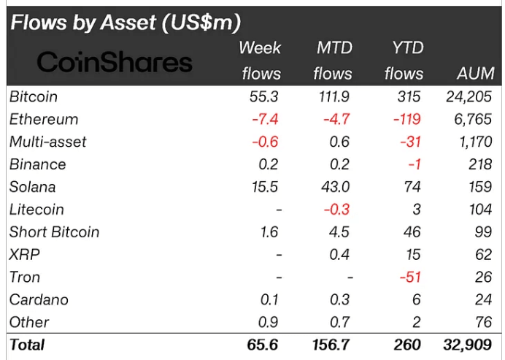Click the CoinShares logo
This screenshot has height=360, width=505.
coord(114,62)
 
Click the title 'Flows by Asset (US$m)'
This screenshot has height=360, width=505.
coord(125,23)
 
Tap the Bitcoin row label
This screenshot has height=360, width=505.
coord(34,96)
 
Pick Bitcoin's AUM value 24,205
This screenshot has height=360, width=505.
coord(469,96)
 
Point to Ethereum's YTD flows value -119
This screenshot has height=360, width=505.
coord(407,119)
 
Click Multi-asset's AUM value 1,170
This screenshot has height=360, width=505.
coord(475,142)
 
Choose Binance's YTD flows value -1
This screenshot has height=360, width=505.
coord(416,164)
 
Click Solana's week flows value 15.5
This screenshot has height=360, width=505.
coord(263,187)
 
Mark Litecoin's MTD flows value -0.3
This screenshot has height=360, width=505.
coord(337,210)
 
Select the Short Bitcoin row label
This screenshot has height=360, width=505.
coord(54,232)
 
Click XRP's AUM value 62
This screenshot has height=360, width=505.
coord(484,255)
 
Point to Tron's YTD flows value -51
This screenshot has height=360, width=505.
coord(412,277)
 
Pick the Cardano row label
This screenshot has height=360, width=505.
coord(39,300)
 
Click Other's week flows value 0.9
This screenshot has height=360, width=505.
coord(267,322)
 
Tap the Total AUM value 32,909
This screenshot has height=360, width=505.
coord(469,345)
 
